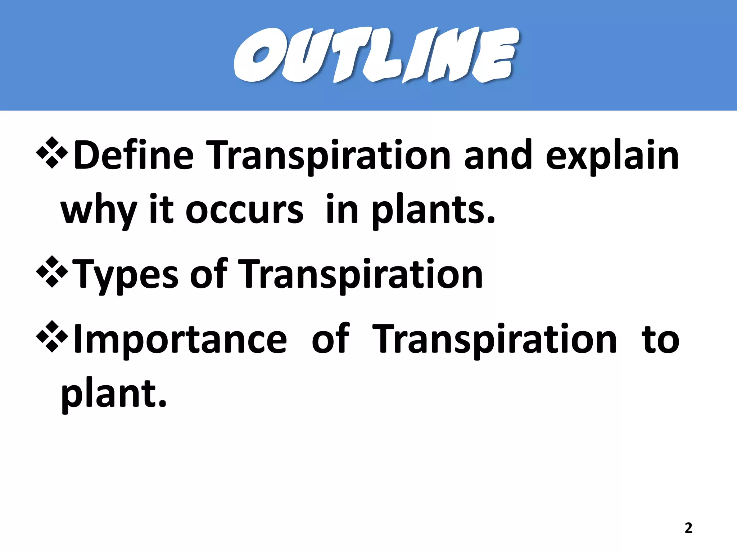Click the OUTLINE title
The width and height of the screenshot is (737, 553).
pos(376,55)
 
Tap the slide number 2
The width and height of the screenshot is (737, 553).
pos(688,528)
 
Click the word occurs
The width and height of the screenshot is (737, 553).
pos(244,211)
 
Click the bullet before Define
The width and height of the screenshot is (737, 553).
pos(52,153)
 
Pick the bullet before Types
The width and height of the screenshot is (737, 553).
pos(52,271)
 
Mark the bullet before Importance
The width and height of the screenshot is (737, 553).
pos(52,336)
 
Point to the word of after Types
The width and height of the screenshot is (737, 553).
pos(209,274)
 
